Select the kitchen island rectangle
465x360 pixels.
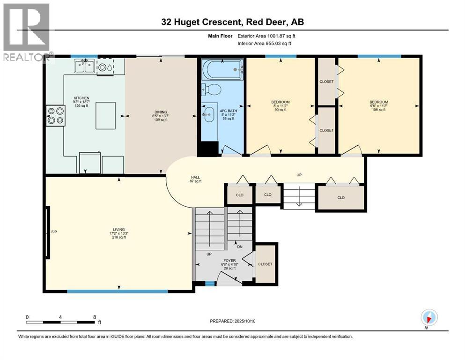click(x=105, y=115)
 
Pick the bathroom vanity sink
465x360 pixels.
click(x=209, y=114)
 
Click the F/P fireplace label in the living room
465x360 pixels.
click(x=54, y=232)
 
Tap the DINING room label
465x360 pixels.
click(x=161, y=112)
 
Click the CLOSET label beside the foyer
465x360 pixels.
click(x=265, y=264)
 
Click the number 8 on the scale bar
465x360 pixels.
click(x=95, y=317)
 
